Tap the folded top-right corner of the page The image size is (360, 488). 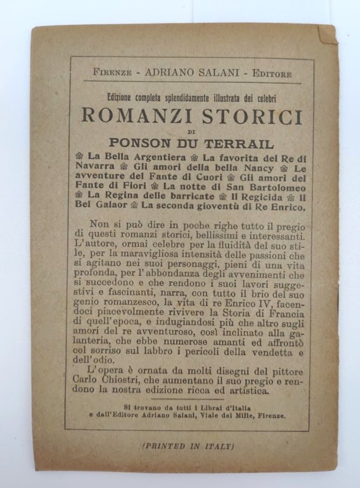327,34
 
